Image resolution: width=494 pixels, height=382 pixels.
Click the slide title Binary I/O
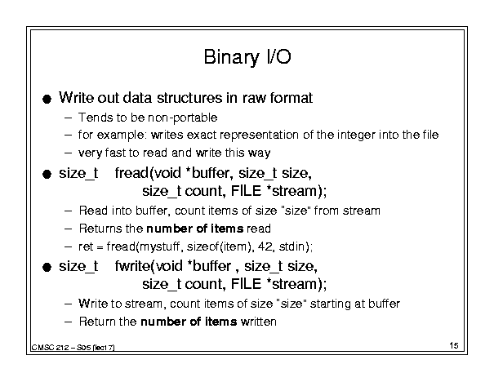click(247, 57)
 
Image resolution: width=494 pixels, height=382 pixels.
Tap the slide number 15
click(454, 345)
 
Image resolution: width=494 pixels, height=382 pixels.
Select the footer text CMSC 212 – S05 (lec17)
click(73, 348)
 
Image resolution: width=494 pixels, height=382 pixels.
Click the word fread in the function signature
click(131, 172)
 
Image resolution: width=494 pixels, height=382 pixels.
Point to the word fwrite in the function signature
click(133, 266)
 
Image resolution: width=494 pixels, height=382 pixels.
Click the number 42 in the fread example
click(265, 246)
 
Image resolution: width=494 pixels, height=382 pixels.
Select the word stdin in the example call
click(292, 246)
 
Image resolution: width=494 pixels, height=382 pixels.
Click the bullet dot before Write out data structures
click(47, 100)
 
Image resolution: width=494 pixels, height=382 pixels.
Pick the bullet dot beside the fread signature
click(47, 174)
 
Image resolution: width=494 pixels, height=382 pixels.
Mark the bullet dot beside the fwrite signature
click(47, 268)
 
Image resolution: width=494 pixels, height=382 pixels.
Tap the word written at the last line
click(259, 322)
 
